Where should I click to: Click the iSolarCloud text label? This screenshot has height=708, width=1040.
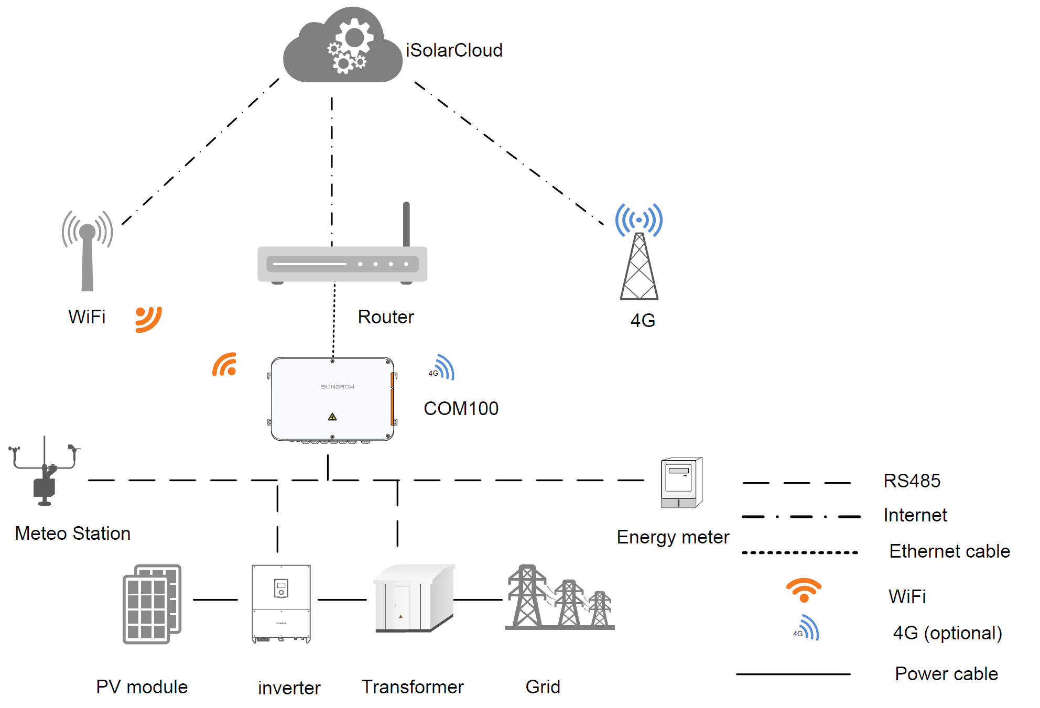[x=454, y=50]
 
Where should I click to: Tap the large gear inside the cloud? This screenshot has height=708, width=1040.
[x=355, y=38]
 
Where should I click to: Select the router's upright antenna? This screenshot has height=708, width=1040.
[x=406, y=224]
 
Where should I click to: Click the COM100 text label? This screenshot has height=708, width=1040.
[x=461, y=408]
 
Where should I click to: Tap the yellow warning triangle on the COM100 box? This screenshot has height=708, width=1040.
[x=332, y=417]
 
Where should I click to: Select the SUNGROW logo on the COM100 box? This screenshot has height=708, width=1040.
[x=338, y=387]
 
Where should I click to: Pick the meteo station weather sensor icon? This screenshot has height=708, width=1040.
[x=45, y=472]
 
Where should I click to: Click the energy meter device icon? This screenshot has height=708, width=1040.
[x=681, y=483]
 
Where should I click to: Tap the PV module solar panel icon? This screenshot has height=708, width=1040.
[x=152, y=604]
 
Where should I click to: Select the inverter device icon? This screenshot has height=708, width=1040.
[x=281, y=603]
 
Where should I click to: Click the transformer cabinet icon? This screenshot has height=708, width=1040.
[x=414, y=598]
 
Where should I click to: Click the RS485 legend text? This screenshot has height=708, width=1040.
[x=912, y=481]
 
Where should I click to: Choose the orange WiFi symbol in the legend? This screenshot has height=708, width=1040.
[x=804, y=590]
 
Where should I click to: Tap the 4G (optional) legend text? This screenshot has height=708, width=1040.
[x=947, y=633]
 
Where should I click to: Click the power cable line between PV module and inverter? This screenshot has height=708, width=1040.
[x=215, y=600]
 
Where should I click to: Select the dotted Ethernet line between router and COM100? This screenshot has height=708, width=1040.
[x=334, y=320]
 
